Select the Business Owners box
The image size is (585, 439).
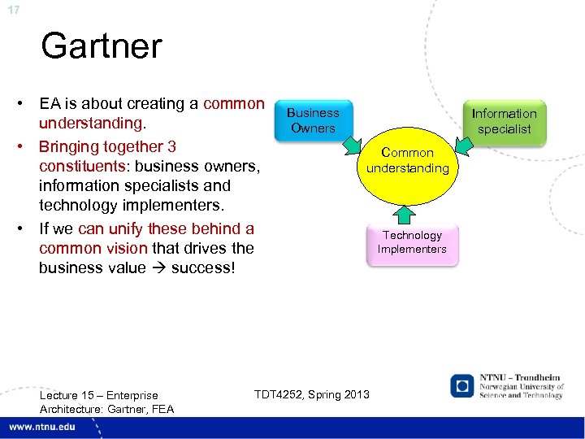(x=313, y=120)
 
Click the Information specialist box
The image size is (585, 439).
(x=504, y=121)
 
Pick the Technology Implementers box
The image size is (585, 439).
(x=412, y=242)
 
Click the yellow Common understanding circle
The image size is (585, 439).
(x=407, y=163)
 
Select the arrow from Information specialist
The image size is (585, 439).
(x=464, y=146)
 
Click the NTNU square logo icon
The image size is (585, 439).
(x=461, y=385)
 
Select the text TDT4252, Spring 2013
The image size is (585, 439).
(x=311, y=394)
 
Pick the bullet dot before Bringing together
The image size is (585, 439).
(x=26, y=147)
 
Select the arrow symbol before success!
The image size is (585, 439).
(x=159, y=267)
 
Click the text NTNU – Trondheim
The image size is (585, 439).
(x=520, y=378)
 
